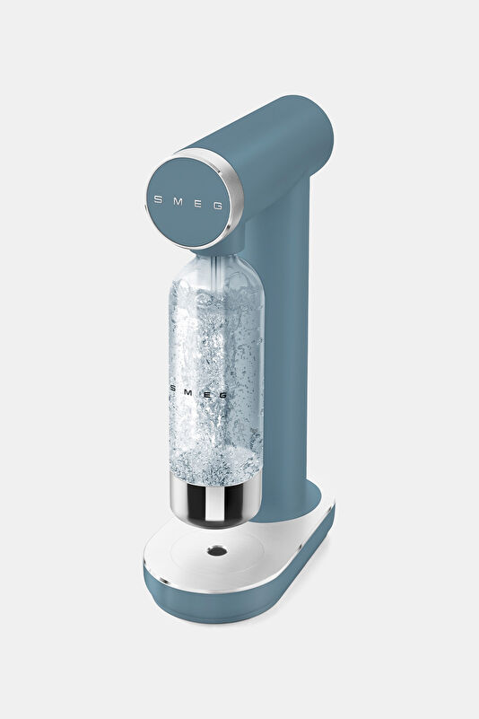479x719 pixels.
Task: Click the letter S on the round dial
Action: pos(158,199)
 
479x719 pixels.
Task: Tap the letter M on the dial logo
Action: pos(178,201)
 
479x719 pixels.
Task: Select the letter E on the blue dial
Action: pos(197,203)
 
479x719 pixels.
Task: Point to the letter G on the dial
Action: pos(218,206)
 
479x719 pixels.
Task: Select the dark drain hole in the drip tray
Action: pos(216,550)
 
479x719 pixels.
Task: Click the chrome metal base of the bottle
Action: pos(215,500)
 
